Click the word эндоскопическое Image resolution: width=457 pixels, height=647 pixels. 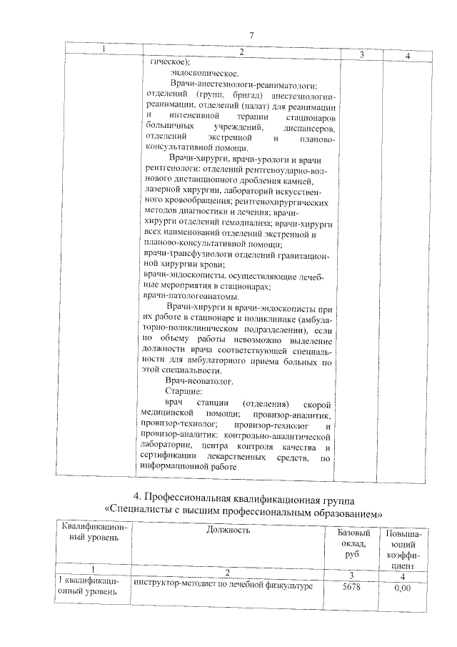click(x=204, y=73)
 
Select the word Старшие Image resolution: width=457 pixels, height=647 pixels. click(x=184, y=392)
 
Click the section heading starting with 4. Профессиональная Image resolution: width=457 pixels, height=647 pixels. click(x=243, y=498)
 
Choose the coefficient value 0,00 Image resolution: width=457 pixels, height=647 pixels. click(x=403, y=588)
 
